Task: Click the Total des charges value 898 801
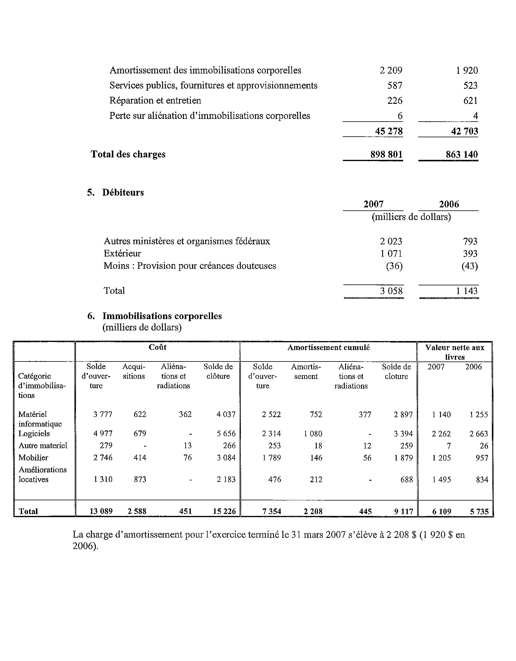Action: (386, 154)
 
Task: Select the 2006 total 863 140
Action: (461, 154)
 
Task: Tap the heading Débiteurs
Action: (123, 192)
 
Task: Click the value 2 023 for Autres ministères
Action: (391, 241)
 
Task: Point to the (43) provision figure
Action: (469, 266)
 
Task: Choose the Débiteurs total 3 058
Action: (391, 291)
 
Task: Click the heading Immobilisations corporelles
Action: (162, 316)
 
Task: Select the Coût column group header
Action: (157, 347)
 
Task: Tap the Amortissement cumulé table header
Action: (329, 347)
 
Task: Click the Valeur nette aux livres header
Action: (455, 352)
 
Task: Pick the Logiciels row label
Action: (34, 433)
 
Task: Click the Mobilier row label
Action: (33, 458)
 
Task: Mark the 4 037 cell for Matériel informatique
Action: (226, 414)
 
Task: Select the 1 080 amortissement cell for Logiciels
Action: (313, 433)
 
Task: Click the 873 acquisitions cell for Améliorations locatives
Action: (140, 479)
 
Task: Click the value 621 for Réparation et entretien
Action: (470, 101)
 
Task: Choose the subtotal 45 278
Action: (389, 131)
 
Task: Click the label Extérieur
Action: (122, 253)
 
